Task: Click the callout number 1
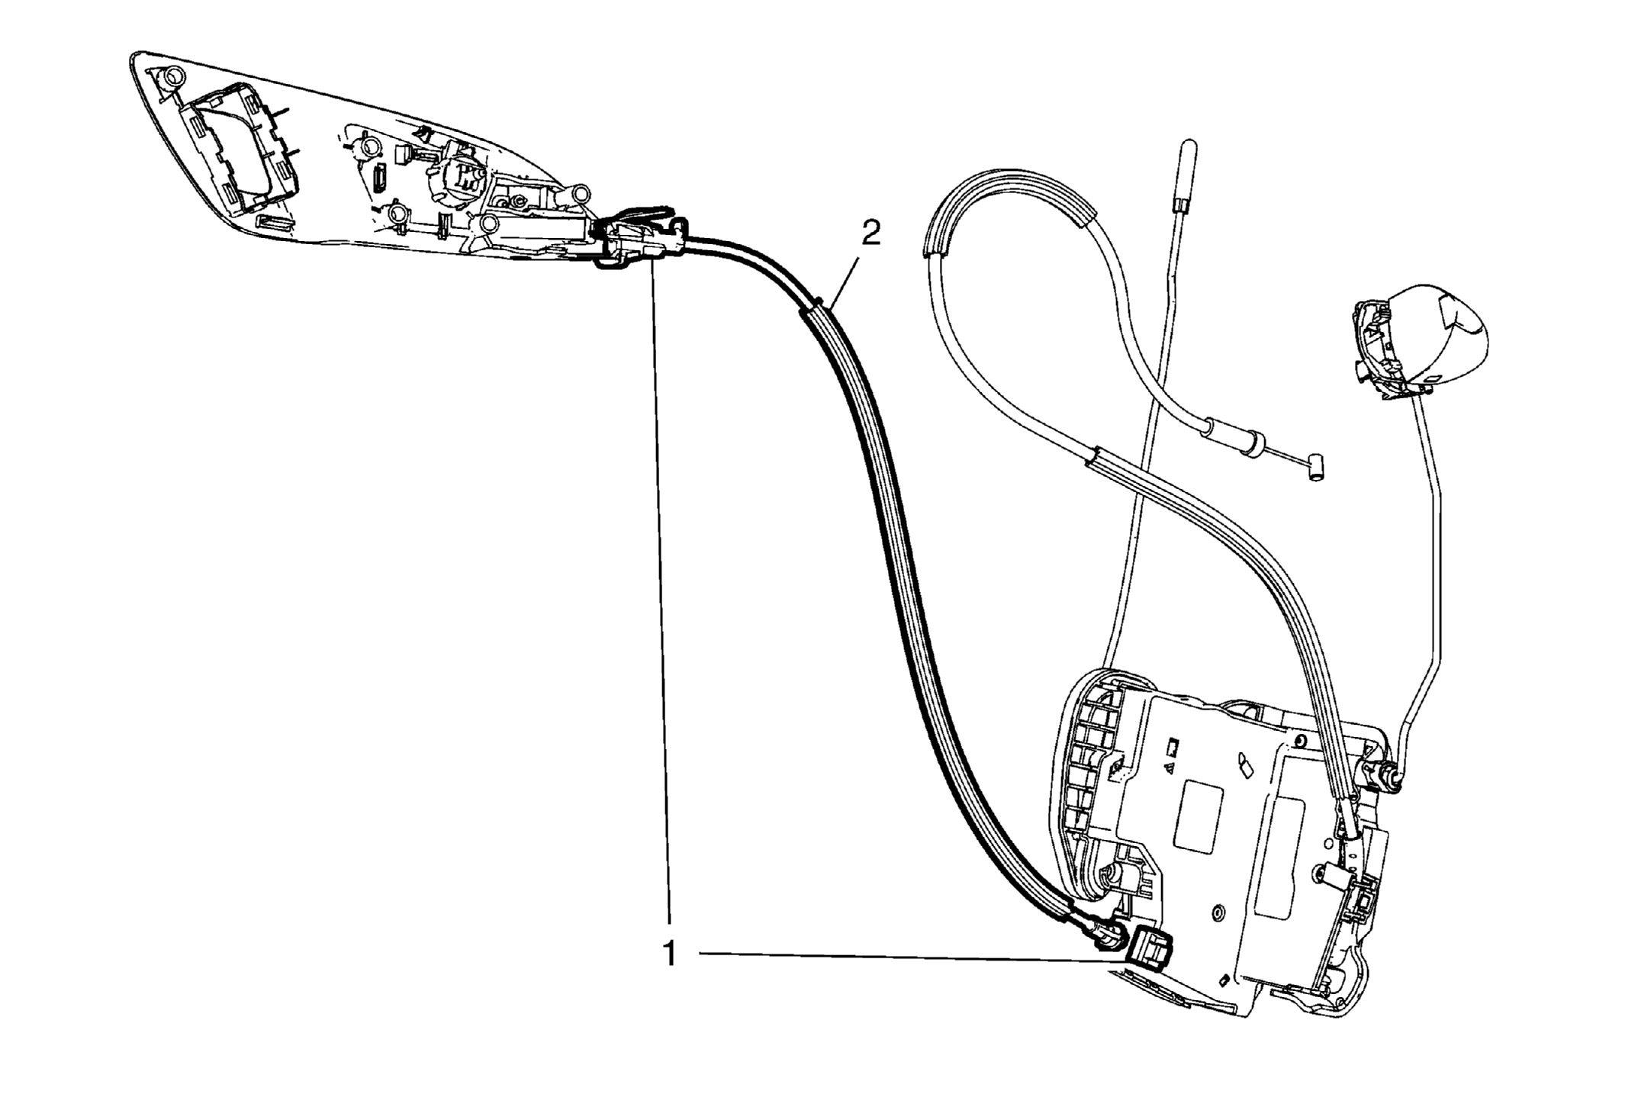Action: click(670, 954)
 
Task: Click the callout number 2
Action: click(871, 233)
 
